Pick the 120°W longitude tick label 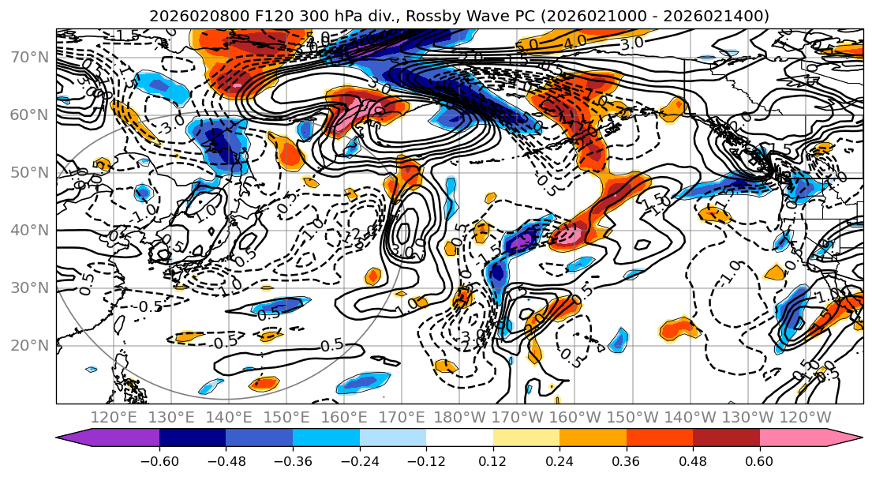[805, 417]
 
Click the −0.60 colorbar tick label [159, 460]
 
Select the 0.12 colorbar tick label [492, 460]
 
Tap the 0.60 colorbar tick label [759, 460]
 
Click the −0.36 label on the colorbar [293, 460]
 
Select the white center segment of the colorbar [459, 438]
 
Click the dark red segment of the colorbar [726, 438]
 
